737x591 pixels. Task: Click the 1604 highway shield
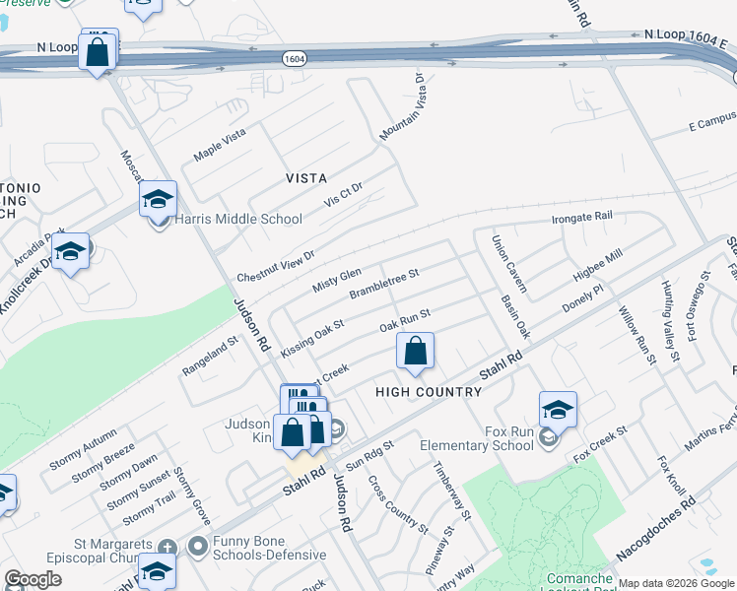(293, 59)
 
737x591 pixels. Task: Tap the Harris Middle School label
(238, 220)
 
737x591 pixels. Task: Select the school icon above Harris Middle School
(158, 199)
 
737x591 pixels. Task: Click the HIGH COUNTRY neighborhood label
(429, 392)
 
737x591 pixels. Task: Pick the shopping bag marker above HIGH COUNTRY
(416, 351)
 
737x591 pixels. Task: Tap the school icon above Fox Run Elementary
(558, 409)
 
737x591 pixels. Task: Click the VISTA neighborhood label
(305, 178)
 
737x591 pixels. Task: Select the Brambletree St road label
(384, 284)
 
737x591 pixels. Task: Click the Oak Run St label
(406, 321)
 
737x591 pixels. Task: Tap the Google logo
(33, 579)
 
